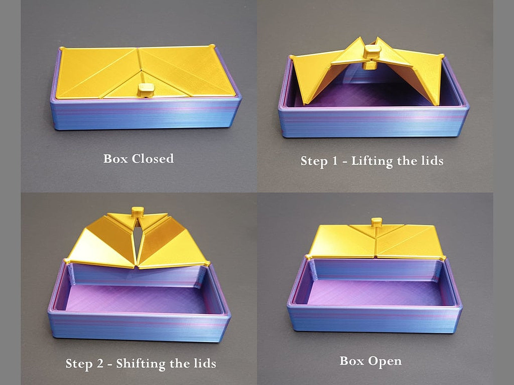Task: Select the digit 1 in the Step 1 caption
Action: pyautogui.click(x=334, y=160)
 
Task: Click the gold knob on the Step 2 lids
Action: pyautogui.click(x=138, y=211)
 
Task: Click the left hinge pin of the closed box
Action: pyautogui.click(x=62, y=49)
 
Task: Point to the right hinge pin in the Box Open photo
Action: pyautogui.click(x=443, y=258)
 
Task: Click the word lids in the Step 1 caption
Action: pyautogui.click(x=432, y=160)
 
